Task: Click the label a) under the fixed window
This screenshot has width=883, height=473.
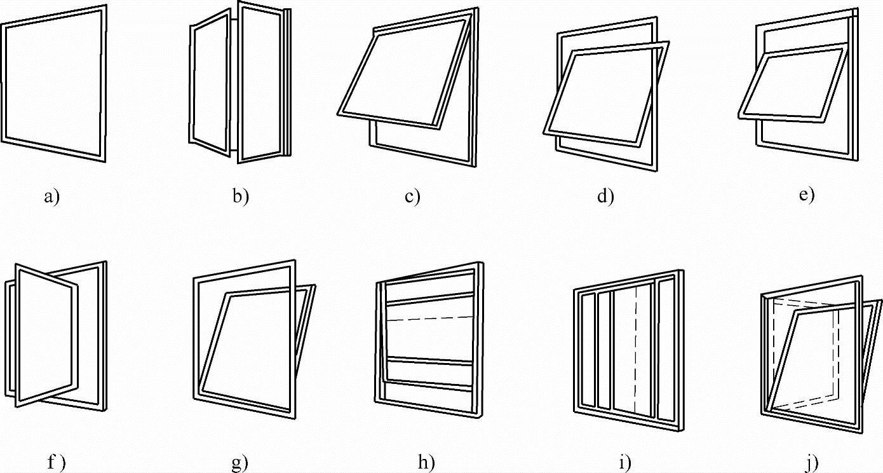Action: (x=51, y=197)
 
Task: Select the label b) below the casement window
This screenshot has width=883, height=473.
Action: (x=241, y=196)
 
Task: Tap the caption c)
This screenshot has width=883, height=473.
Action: (x=412, y=196)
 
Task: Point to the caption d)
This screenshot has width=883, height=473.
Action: (x=605, y=196)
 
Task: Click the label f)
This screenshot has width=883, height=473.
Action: (x=57, y=463)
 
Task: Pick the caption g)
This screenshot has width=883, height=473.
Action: (x=239, y=463)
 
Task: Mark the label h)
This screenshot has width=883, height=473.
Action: (x=426, y=463)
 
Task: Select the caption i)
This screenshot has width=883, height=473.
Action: (x=624, y=463)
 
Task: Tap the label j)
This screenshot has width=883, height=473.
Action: (x=811, y=463)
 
